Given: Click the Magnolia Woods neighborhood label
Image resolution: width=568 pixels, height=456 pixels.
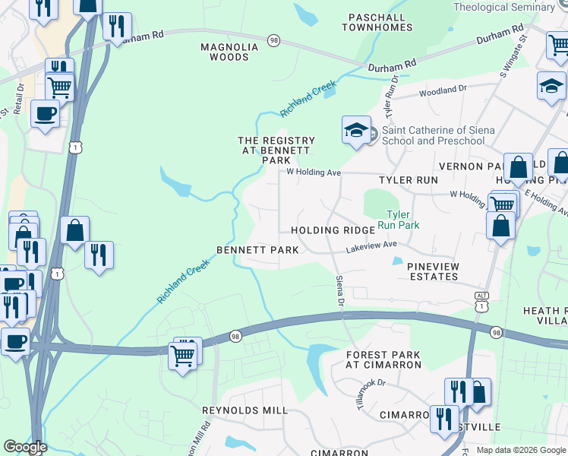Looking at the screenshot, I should tap(229, 52).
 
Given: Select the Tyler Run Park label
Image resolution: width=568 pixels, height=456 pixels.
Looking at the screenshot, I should tap(403, 220).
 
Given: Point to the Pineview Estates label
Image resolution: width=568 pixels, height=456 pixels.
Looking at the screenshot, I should tap(433, 271).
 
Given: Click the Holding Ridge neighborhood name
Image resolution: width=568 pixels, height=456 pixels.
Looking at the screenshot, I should tap(332, 230).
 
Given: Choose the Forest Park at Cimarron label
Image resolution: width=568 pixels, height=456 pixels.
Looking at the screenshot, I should tap(383, 359).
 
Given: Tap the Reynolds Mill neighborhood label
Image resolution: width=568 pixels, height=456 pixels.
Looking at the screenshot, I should tap(245, 410).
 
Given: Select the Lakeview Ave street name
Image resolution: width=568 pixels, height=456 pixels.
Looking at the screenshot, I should tap(372, 245).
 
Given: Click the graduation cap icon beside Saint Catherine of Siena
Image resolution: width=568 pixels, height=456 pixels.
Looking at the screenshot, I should tap(356, 131).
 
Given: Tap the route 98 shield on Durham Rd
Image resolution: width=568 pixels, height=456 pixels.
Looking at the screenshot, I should tap(273, 40).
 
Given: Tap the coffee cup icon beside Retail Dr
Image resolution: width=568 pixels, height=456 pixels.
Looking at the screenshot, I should tap(45, 115).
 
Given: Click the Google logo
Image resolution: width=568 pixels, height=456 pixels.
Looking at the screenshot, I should tap(25, 447).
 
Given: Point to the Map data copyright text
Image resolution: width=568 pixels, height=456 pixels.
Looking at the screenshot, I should tap(520, 450).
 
